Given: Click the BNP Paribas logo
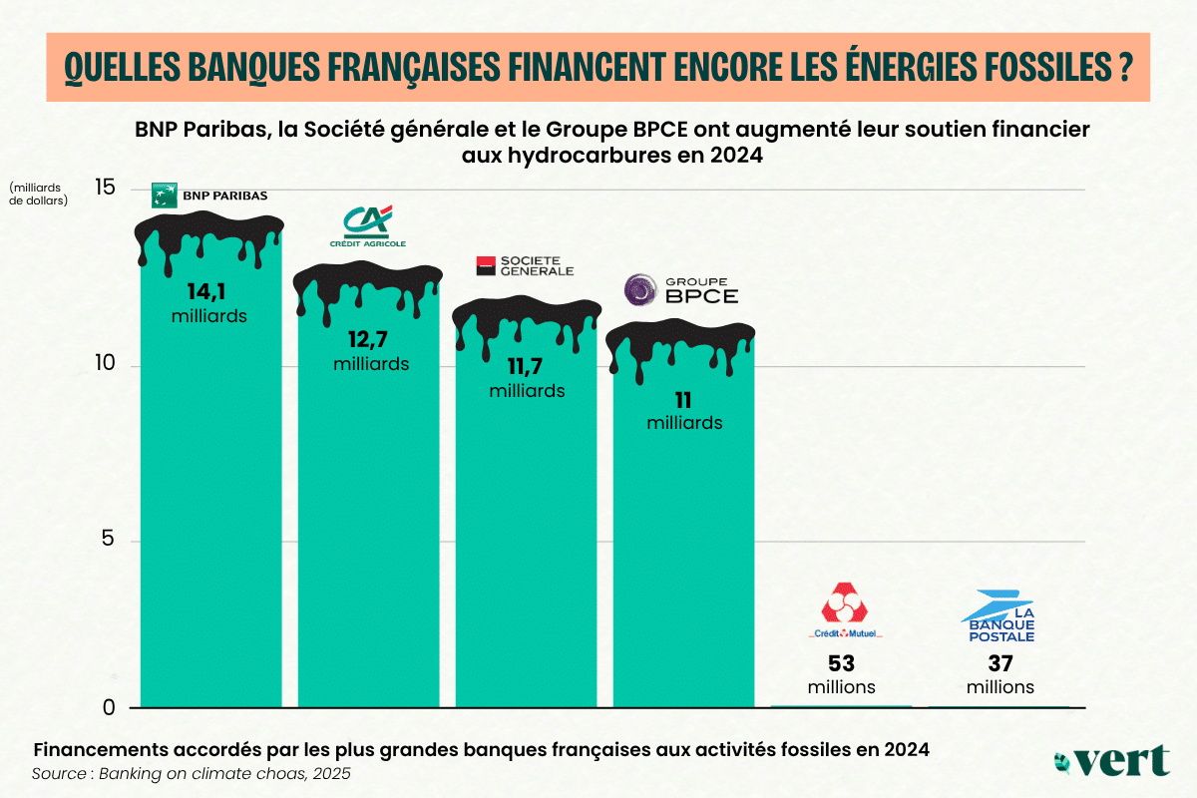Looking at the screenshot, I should coord(208,195).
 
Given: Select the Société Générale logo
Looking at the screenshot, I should coord(525,265).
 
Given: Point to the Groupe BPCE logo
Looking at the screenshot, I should coord(681,290).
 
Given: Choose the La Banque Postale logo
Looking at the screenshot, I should coord(999,616).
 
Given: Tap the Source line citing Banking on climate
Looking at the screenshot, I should coord(191,774).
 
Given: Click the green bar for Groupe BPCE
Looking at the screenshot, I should coord(683,549).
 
